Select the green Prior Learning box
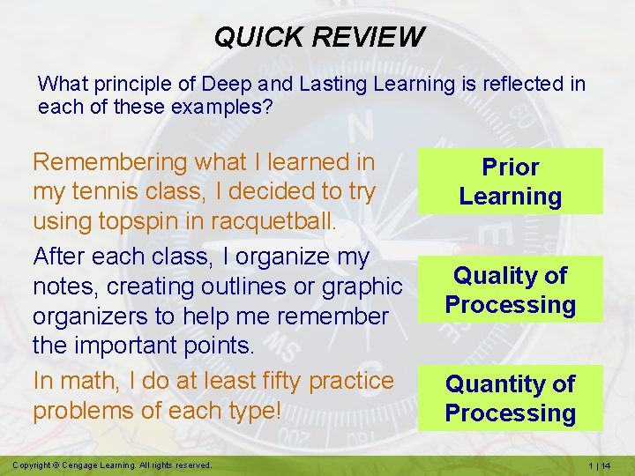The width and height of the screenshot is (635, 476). [510, 182]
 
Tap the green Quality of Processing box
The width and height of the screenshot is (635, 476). [510, 290]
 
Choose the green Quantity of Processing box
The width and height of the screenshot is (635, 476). [510, 398]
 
